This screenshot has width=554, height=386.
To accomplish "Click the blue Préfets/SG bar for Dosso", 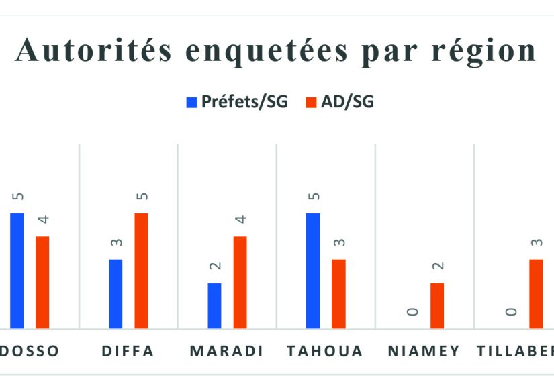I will click(17, 271).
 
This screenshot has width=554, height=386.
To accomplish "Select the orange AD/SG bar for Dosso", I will click(42, 282).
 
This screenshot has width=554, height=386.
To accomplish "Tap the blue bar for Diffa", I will click(116, 293).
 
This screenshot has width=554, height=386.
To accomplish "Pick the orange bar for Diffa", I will click(141, 271).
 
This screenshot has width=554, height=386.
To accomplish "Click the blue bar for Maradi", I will click(214, 305).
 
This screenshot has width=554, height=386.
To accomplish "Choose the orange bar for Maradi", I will click(240, 282).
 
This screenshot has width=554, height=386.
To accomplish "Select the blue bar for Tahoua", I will click(313, 271).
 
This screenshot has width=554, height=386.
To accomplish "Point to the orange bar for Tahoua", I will click(338, 293).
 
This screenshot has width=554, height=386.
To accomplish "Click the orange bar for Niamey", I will click(437, 305).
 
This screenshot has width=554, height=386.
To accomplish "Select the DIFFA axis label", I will click(128, 351).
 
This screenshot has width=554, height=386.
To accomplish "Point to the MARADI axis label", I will click(226, 351).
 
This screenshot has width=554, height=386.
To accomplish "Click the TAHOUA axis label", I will click(325, 351).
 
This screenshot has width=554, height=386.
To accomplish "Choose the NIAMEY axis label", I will click(424, 351).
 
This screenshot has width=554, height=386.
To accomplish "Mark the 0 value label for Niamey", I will click(412, 312).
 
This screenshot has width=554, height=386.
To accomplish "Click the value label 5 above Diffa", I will click(142, 197).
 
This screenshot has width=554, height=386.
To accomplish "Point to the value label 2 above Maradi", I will click(215, 267).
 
